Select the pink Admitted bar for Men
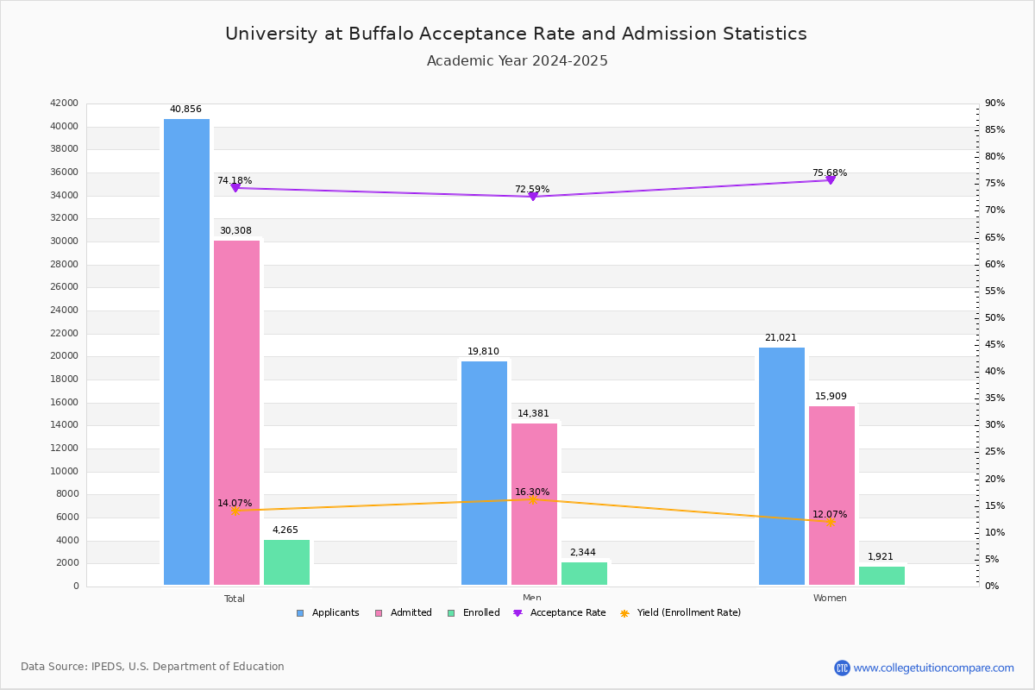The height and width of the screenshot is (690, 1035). [x=534, y=505]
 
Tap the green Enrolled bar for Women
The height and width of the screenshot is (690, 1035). [x=881, y=576]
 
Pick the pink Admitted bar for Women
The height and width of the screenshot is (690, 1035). [x=831, y=496]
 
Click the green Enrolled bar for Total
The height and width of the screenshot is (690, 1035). [x=286, y=562]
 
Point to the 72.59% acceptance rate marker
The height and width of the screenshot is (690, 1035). [x=532, y=197]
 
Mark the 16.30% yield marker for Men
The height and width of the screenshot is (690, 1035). [x=532, y=499]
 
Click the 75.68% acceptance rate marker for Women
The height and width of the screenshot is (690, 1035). [x=831, y=179]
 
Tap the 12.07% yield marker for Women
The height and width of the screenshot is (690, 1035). [x=831, y=522]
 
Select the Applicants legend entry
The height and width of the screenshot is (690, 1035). [x=328, y=613]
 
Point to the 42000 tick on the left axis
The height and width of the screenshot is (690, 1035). [x=65, y=103]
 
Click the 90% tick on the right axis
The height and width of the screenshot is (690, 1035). [x=994, y=103]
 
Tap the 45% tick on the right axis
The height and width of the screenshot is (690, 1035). [x=994, y=345]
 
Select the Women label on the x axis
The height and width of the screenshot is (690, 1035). [x=830, y=599]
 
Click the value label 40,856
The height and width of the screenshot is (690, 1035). [x=185, y=110]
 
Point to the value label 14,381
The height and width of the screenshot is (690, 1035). [x=533, y=414]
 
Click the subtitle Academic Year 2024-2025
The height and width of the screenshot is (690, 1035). [x=517, y=61]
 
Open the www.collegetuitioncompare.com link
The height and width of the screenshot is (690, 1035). [x=933, y=668]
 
